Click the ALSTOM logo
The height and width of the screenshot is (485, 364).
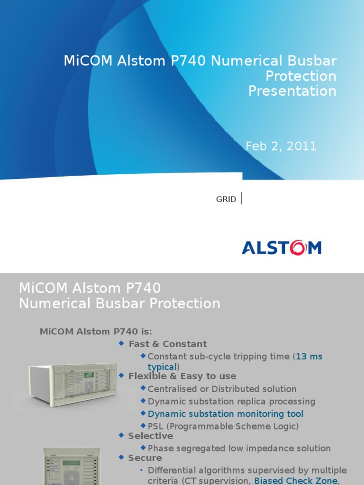(282, 248)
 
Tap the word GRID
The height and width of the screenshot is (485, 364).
(226, 199)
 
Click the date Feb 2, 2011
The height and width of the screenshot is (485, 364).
(281, 146)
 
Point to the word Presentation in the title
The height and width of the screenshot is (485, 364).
(292, 91)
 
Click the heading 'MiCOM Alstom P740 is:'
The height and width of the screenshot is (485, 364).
(96, 332)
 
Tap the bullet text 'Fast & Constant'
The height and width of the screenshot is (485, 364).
(168, 344)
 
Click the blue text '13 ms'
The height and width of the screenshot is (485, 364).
(309, 356)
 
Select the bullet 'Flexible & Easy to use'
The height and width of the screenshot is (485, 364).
(182, 376)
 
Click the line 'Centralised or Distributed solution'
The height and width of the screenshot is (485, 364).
(222, 389)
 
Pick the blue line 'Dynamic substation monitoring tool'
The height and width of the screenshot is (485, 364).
(226, 414)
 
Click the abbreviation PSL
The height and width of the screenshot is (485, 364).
(156, 426)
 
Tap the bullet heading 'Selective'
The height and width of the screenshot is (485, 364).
(151, 436)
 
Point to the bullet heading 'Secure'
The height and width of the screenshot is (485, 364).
(145, 458)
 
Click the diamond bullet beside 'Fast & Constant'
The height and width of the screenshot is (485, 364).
(121, 343)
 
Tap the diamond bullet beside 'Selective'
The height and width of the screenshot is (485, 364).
(121, 435)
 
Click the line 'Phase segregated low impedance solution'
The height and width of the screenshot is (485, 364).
(239, 448)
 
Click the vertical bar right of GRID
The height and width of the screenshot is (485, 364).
(242, 198)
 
